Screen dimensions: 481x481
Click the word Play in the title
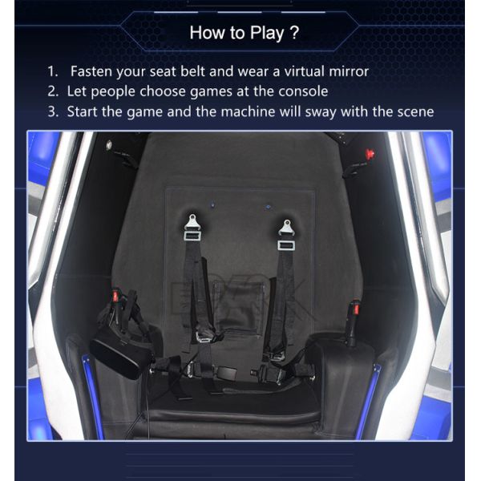[267, 33]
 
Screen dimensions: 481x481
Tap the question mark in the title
[294, 32]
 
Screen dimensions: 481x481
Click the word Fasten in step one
[91, 71]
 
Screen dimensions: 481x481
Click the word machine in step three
[248, 111]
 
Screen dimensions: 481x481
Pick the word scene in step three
[415, 111]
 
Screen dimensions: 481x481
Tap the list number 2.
[53, 91]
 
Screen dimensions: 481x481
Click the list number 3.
[53, 111]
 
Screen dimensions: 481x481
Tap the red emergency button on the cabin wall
[370, 153]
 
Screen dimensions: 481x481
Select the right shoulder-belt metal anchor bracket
[286, 234]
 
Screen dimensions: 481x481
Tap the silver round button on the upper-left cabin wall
[109, 145]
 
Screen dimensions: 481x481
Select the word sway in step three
[321, 112]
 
